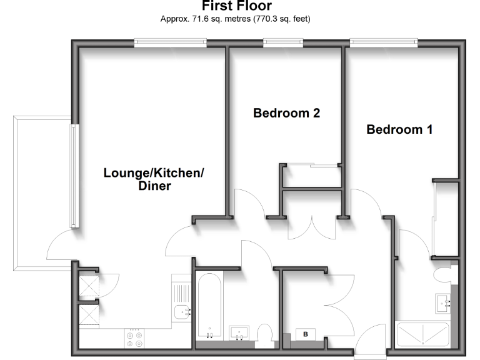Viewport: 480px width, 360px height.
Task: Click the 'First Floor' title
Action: click(236, 6)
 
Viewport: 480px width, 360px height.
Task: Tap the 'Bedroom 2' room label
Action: click(286, 113)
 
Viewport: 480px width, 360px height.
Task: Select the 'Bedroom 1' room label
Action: click(399, 129)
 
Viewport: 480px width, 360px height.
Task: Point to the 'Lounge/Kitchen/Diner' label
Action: click(154, 179)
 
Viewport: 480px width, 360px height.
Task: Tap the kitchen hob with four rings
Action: click(134, 338)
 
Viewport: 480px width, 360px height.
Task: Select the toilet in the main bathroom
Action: click(265, 334)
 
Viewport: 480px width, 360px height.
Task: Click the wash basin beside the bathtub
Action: click(239, 331)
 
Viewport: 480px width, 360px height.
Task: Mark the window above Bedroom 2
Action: click(282, 42)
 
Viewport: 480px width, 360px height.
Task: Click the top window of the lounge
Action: click(169, 42)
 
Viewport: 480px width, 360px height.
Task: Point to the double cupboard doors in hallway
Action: click(312, 229)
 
